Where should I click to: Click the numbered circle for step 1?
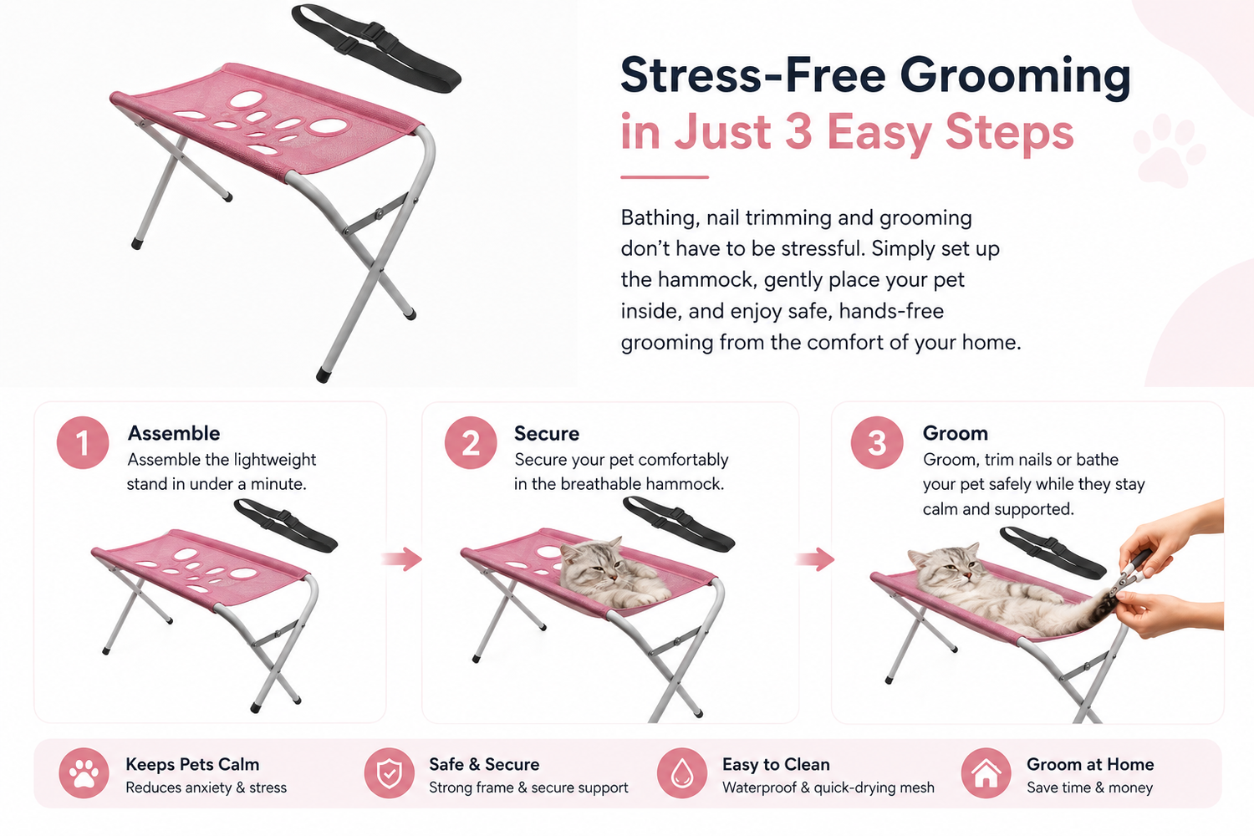(82, 442)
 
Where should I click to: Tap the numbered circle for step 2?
(470, 442)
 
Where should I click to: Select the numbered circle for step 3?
(877, 442)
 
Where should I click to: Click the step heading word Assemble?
(174, 433)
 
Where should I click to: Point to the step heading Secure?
(547, 433)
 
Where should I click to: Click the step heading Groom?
(955, 433)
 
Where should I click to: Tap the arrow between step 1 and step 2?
(402, 558)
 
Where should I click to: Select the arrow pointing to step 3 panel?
(815, 558)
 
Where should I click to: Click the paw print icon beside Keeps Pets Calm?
(84, 773)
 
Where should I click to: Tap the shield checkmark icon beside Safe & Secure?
(389, 773)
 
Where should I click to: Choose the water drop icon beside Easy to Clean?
(682, 773)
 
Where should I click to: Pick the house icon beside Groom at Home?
(986, 773)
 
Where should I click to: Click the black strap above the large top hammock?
(376, 49)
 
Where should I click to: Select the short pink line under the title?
(665, 177)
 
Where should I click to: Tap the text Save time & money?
(1089, 788)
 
